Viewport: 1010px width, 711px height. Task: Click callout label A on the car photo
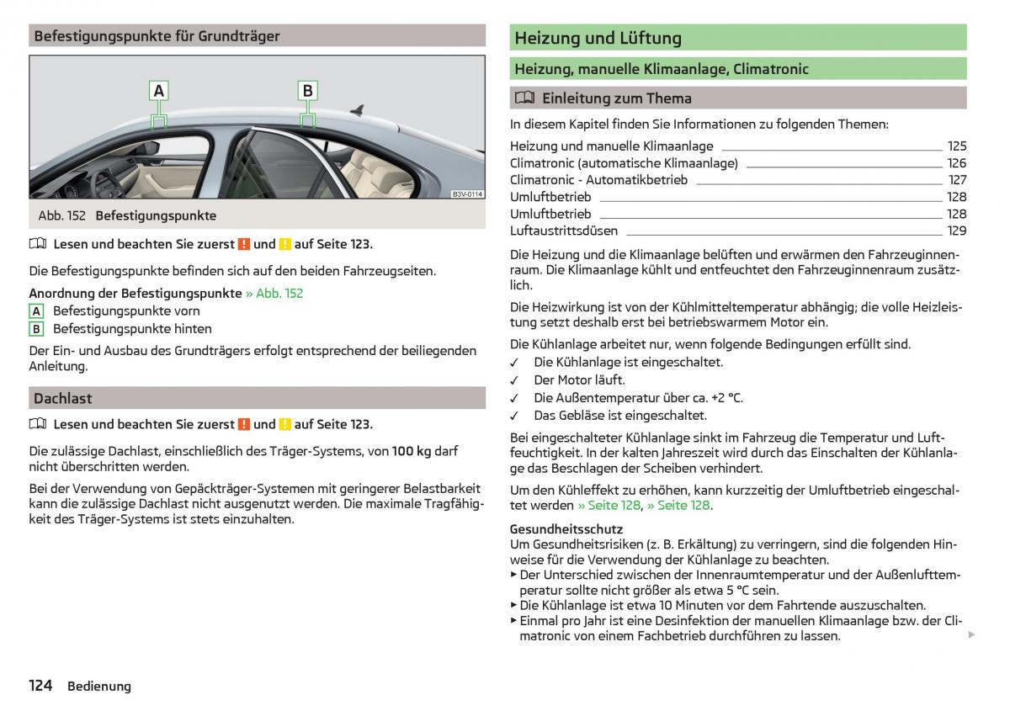click(x=159, y=91)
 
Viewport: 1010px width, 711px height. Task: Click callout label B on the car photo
click(x=308, y=91)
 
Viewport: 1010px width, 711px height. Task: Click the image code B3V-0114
click(x=467, y=194)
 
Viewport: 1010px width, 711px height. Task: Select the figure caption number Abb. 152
click(x=61, y=215)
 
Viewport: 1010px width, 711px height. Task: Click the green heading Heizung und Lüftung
click(x=598, y=38)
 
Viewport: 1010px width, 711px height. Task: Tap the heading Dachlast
click(x=63, y=398)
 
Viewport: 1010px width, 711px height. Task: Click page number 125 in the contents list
click(x=957, y=146)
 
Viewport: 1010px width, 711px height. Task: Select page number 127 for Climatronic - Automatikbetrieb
click(x=958, y=180)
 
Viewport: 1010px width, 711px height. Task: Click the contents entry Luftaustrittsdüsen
click(x=563, y=231)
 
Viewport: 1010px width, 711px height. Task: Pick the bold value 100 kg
click(x=412, y=451)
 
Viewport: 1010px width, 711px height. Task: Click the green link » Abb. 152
click(x=274, y=294)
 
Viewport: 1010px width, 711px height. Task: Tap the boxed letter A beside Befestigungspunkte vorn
click(x=36, y=311)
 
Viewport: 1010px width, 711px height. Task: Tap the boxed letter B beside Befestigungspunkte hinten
click(x=36, y=329)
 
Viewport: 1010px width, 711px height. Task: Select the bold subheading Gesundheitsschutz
click(x=566, y=529)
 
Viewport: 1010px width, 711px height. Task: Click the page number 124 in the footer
click(x=40, y=686)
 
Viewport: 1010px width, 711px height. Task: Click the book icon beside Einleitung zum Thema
click(x=524, y=98)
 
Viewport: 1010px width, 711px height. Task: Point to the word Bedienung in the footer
click(x=99, y=687)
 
